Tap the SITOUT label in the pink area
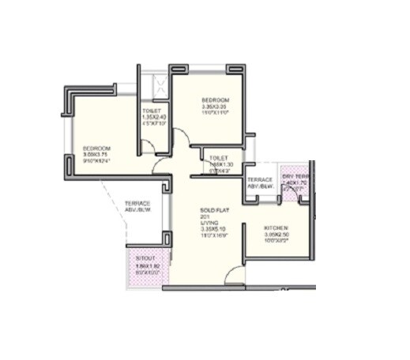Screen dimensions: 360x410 144,259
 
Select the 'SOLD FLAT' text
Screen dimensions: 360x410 213,209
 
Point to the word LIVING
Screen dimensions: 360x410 208,223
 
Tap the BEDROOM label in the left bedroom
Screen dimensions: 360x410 97,148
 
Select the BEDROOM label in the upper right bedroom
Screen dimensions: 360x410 215,100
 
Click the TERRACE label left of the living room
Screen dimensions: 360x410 137,203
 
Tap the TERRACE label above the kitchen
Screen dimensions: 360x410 260,180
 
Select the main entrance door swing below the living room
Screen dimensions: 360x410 234,276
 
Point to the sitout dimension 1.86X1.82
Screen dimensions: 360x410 144,266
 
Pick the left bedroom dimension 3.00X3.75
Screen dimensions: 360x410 97,155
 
